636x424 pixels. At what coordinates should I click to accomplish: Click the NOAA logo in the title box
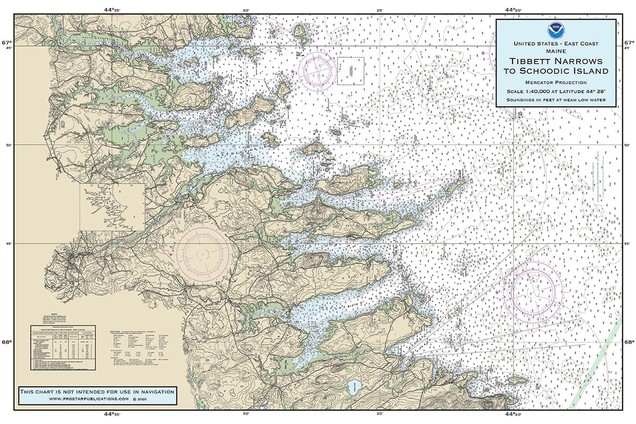[555, 29]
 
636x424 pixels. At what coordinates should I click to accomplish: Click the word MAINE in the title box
[555, 51]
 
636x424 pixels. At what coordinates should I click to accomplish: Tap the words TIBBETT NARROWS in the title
[555, 61]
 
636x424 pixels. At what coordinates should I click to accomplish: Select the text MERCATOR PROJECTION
[555, 82]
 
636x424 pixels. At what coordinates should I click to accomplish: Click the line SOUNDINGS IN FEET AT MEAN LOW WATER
[555, 100]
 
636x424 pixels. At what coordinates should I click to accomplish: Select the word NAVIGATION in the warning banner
[154, 391]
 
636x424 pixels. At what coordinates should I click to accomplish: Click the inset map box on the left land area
[112, 207]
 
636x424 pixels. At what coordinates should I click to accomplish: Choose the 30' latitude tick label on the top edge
[245, 10]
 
